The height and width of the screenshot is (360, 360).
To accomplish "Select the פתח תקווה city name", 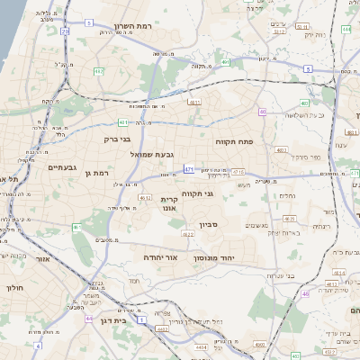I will point(233,142).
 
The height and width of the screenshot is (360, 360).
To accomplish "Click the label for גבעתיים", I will point(65,167).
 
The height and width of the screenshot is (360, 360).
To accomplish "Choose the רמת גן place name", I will point(96,173).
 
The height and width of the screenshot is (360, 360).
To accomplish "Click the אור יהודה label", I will point(162,257).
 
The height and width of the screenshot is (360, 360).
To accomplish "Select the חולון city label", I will point(13,288).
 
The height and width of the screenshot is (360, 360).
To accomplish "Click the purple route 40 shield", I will point(263,112).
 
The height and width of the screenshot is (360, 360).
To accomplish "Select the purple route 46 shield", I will point(305,293).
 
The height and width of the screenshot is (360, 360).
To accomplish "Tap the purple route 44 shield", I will point(88,318).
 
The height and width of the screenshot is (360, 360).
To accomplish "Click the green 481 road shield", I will point(123,121).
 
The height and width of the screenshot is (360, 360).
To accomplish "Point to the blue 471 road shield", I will point(188,168).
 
